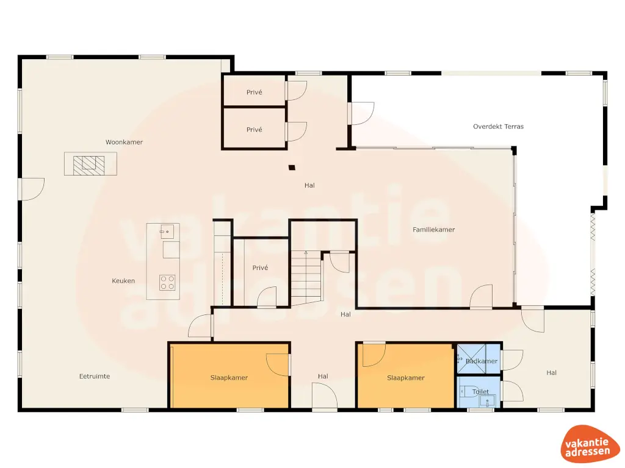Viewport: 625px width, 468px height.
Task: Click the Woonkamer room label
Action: point(124,142)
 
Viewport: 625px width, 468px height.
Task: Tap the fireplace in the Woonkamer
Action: point(90,163)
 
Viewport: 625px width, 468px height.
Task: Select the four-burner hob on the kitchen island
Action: point(167,282)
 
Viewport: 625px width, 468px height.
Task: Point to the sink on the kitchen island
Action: point(166,232)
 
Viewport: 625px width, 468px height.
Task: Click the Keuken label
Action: point(123,281)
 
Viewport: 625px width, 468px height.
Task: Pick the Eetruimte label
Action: point(95,376)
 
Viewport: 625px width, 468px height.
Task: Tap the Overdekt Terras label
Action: point(498,127)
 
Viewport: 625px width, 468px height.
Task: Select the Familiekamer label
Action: point(433,230)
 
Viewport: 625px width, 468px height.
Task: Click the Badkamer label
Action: point(481,361)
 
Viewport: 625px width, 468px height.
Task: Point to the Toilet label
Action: point(480,392)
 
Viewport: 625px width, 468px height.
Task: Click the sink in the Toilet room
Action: point(486,400)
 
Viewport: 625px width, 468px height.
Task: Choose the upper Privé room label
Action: point(254,93)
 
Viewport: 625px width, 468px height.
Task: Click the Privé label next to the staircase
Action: point(260,268)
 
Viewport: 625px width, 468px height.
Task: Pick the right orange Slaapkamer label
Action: point(405,378)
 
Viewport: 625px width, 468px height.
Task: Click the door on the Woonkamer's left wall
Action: point(32,188)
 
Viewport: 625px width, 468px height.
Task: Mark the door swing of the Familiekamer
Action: point(481,296)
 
